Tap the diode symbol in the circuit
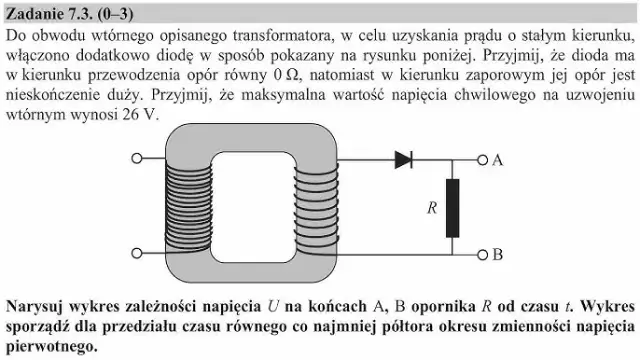(405, 158)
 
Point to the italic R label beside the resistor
(432, 207)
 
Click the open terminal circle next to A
(483, 159)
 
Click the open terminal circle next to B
(483, 253)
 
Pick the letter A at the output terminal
(497, 159)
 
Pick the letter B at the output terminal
(497, 254)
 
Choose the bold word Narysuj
(37, 303)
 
